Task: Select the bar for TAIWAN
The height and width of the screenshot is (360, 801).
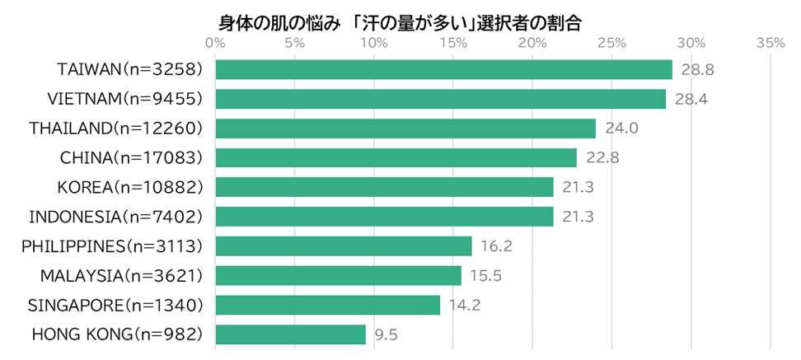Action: pyautogui.click(x=443, y=70)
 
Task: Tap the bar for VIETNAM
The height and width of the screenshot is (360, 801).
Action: pyautogui.click(x=440, y=99)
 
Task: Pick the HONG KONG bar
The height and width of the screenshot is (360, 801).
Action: pyautogui.click(x=290, y=334)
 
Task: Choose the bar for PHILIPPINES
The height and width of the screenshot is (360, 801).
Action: pyautogui.click(x=343, y=246)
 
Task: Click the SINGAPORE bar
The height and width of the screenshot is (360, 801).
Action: pyautogui.click(x=327, y=305)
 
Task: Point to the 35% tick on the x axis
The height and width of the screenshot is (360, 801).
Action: pyautogui.click(x=771, y=44)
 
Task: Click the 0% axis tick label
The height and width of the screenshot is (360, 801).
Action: pyautogui.click(x=216, y=44)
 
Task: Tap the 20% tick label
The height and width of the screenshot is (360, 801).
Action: pyautogui.click(x=532, y=44)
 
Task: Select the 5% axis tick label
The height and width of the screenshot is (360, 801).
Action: pyautogui.click(x=295, y=44)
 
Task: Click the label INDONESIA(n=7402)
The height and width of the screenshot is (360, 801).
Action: pyautogui.click(x=115, y=217)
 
